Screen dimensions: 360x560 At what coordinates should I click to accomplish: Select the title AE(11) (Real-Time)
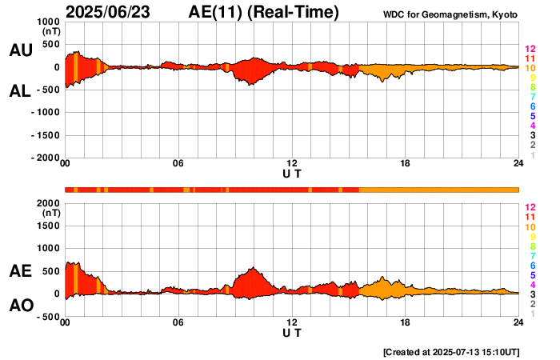(264, 12)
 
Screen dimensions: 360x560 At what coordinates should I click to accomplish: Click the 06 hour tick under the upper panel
(178, 165)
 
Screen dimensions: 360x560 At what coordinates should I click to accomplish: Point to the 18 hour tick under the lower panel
(406, 322)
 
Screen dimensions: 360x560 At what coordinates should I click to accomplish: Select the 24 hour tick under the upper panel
(518, 165)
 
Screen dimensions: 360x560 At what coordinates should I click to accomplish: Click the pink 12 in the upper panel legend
(530, 49)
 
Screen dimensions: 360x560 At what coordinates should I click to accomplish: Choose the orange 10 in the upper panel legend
(530, 68)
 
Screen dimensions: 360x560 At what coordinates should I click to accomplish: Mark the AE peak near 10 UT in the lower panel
(253, 268)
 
